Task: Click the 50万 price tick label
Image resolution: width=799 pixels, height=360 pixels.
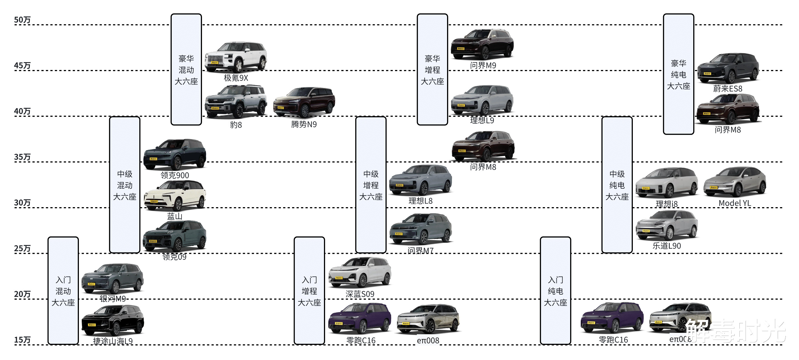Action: click(x=22, y=20)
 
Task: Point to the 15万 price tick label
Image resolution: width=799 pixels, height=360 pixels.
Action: click(x=22, y=340)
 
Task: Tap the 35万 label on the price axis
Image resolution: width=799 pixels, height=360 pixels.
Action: click(x=22, y=157)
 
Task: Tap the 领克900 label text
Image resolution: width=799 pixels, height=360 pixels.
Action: click(x=175, y=175)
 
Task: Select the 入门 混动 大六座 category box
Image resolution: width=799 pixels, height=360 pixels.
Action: click(x=63, y=291)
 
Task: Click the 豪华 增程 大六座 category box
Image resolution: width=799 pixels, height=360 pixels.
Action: click(x=432, y=69)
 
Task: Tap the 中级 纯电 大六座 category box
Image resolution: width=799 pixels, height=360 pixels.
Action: click(x=617, y=185)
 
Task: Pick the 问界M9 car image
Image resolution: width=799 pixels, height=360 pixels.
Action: click(x=482, y=44)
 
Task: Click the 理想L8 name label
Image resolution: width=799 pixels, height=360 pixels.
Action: click(x=420, y=201)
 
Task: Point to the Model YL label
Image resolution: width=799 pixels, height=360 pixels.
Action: click(x=734, y=203)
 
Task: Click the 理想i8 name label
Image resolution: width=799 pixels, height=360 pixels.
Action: click(x=667, y=204)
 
